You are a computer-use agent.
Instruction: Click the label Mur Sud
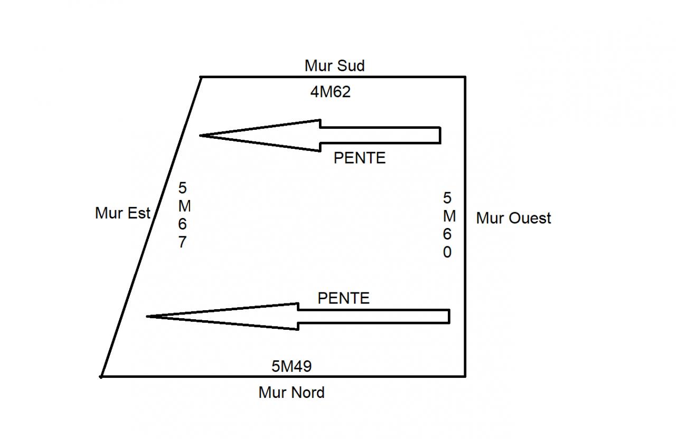pyautogui.click(x=334, y=66)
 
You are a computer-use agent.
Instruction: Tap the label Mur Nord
pyautogui.click(x=292, y=393)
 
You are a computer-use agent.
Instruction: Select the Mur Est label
pyautogui.click(x=123, y=213)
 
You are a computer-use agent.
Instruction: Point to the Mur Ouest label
pyautogui.click(x=513, y=218)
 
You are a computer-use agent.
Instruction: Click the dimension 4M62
pyautogui.click(x=331, y=92)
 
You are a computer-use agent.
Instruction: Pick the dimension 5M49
pyautogui.click(x=292, y=366)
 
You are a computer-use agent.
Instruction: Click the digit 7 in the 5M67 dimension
pyautogui.click(x=182, y=243)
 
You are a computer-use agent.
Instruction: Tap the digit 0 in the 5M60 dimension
pyautogui.click(x=447, y=253)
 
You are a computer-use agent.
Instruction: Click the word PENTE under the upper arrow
pyautogui.click(x=360, y=158)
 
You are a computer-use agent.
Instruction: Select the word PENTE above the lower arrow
pyautogui.click(x=343, y=298)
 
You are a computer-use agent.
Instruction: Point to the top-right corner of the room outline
pyautogui.click(x=465, y=77)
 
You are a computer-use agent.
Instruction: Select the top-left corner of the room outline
pyautogui.click(x=201, y=77)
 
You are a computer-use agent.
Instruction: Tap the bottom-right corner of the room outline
pyautogui.click(x=465, y=376)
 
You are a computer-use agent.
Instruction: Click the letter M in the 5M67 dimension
pyautogui.click(x=184, y=206)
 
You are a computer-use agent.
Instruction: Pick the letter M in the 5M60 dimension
pyautogui.click(x=449, y=216)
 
